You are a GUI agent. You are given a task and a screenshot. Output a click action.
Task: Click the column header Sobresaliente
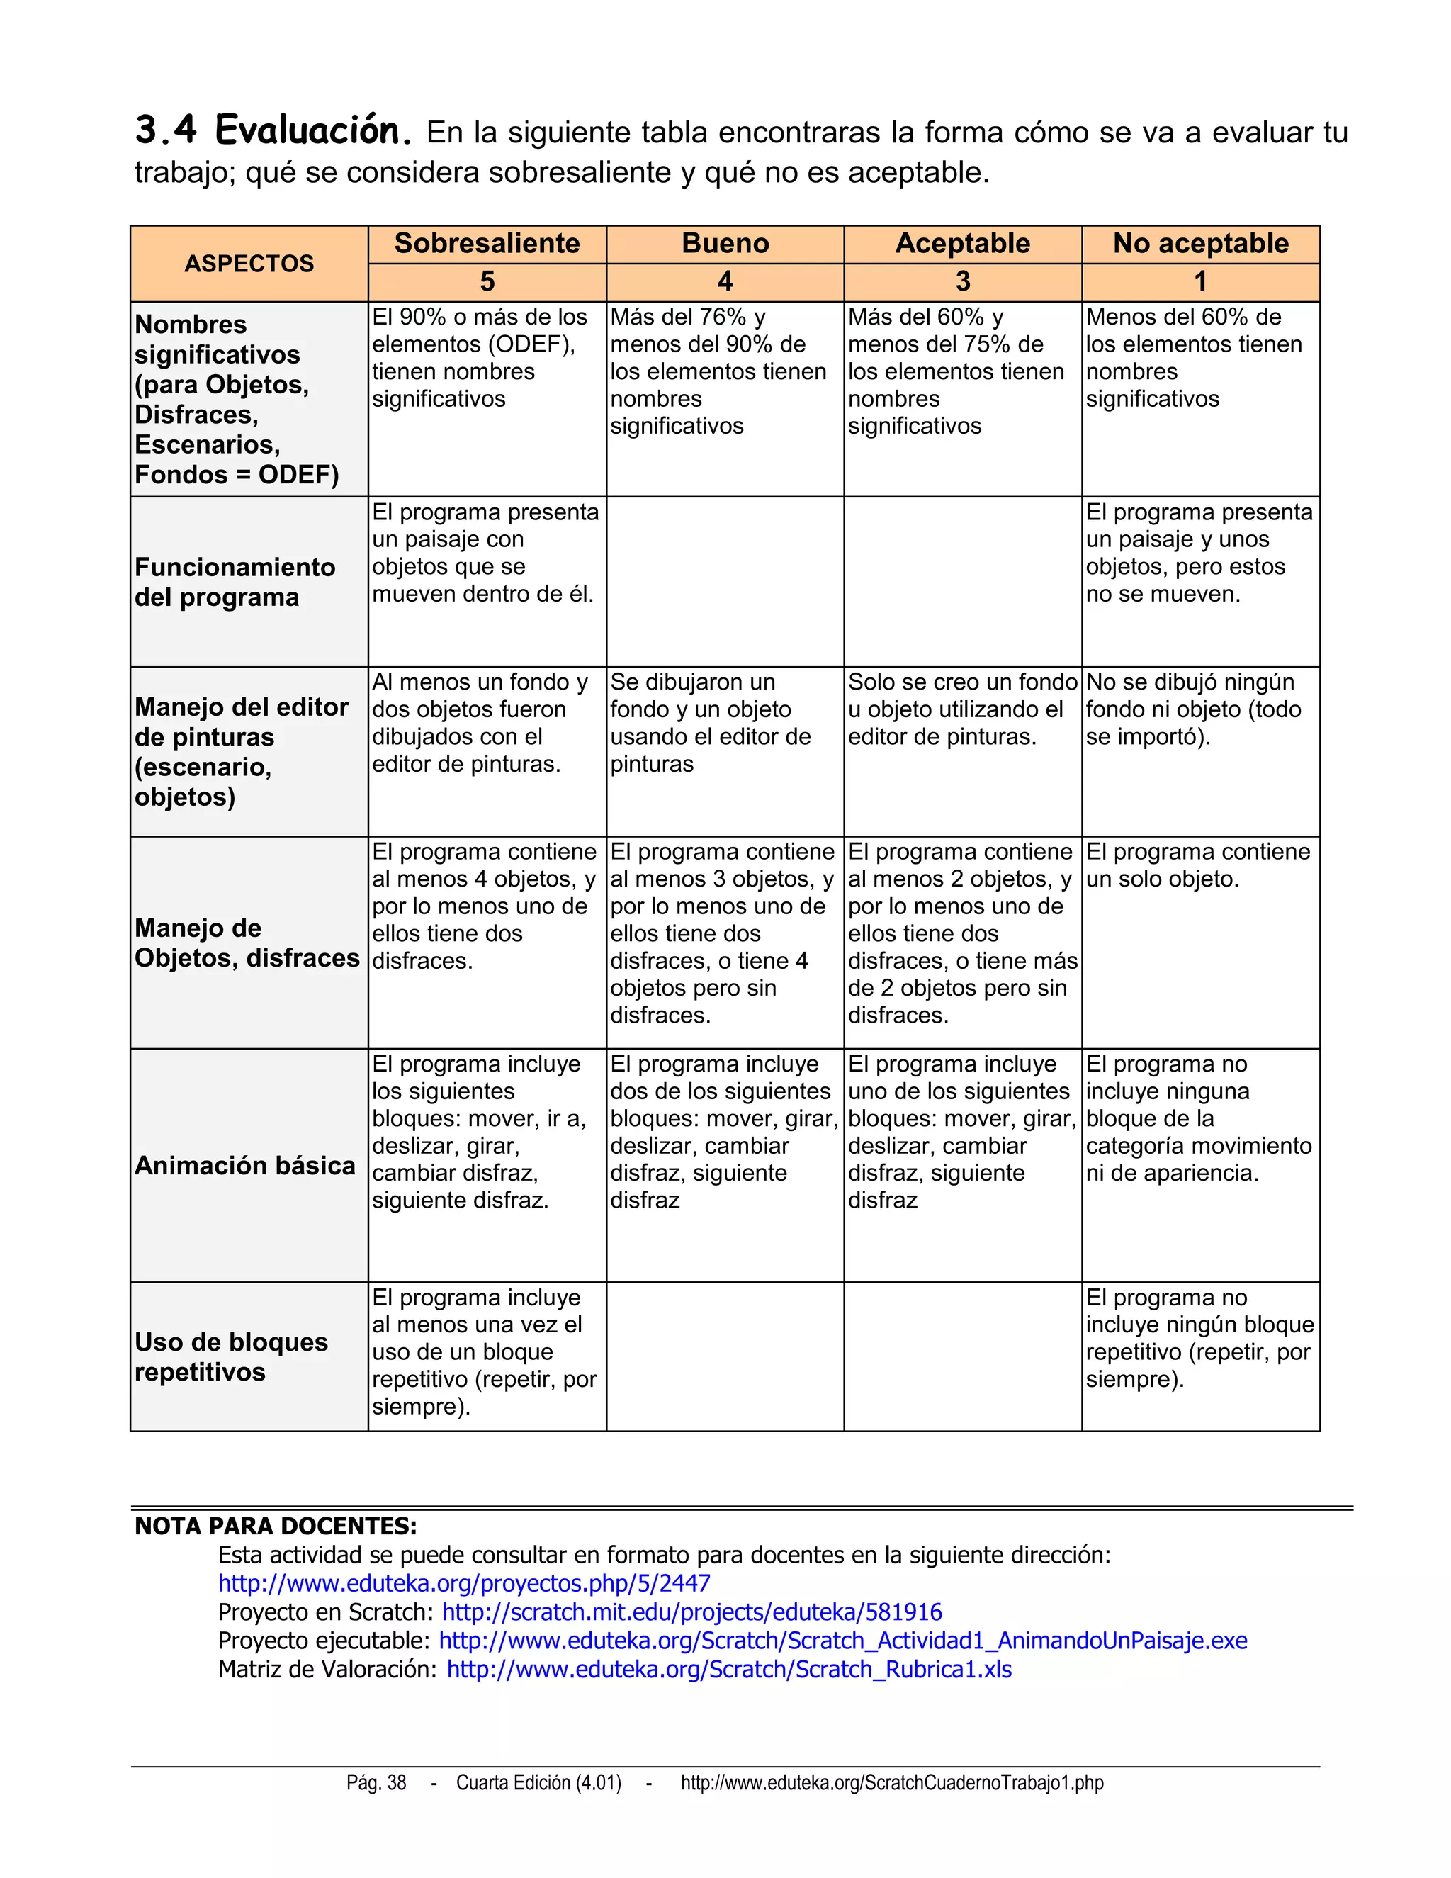(487, 243)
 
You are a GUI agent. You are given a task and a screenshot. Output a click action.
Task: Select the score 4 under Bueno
(725, 281)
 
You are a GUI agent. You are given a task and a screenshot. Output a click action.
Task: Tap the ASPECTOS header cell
(249, 263)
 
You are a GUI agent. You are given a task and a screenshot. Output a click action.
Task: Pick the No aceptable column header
(1200, 243)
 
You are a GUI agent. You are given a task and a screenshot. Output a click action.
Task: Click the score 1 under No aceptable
(1200, 281)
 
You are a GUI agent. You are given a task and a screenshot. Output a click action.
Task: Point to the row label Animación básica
(245, 1165)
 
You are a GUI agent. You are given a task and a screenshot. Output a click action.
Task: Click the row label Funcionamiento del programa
(235, 581)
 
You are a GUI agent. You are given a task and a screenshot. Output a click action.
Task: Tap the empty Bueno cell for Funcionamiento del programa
(725, 581)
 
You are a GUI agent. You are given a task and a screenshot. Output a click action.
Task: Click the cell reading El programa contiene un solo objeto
(1198, 865)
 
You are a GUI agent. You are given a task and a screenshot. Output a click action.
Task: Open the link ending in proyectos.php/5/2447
(464, 1583)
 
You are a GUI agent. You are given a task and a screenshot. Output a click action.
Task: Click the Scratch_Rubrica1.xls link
(729, 1669)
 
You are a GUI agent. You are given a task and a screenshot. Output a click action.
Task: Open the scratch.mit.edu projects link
(692, 1612)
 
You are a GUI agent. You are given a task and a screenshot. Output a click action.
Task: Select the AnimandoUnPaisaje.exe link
(842, 1640)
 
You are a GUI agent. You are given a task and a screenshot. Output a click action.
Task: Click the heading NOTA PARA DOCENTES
(276, 1526)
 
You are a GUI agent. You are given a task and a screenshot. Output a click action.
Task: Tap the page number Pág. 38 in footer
(376, 1782)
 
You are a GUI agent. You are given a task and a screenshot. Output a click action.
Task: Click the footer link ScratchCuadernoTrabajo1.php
(891, 1782)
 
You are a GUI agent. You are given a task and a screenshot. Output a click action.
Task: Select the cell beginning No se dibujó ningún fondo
(1193, 709)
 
